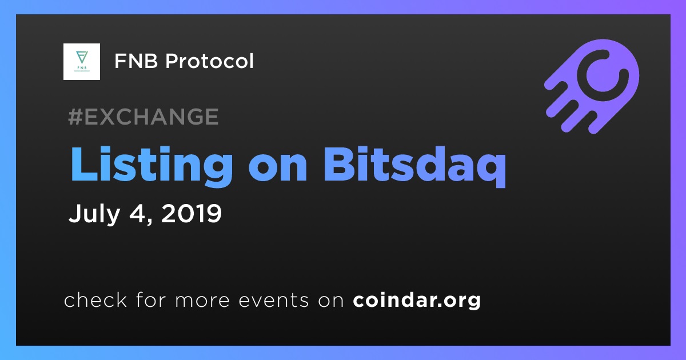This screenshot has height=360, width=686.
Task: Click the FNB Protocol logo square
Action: click(x=81, y=62)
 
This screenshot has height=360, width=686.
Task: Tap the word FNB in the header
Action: click(x=136, y=61)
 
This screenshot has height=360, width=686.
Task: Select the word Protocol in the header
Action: click(x=209, y=61)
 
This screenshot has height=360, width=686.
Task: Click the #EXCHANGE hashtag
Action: click(x=143, y=117)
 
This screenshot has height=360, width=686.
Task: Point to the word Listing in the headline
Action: click(x=151, y=165)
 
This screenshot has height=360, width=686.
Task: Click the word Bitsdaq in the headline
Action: click(x=414, y=165)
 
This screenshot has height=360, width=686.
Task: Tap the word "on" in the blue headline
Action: click(x=277, y=169)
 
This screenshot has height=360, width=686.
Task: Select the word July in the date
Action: click(x=94, y=214)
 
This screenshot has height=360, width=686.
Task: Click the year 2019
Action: click(x=191, y=213)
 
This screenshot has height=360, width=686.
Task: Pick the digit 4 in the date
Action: click(x=138, y=213)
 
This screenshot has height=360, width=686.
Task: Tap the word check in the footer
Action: click(x=95, y=299)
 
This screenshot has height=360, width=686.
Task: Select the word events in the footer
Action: click(x=274, y=301)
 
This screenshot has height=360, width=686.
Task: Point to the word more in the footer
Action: click(x=202, y=301)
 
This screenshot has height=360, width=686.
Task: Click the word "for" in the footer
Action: click(x=151, y=299)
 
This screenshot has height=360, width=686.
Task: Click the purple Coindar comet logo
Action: click(x=591, y=86)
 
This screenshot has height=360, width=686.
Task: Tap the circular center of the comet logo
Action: click(x=603, y=75)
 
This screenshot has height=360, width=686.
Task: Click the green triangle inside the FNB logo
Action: click(x=82, y=57)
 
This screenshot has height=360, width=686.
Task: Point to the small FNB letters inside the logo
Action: click(x=82, y=67)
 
